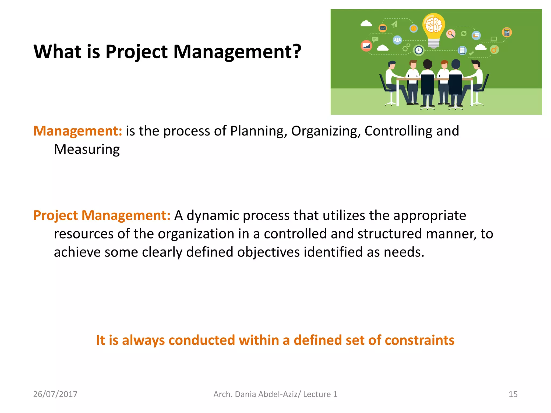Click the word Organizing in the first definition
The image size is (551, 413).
[x=326, y=131]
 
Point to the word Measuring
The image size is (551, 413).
[x=87, y=149]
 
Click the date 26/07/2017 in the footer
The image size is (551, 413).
[x=55, y=394]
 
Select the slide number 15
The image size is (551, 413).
[x=513, y=394]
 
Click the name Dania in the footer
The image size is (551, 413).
[x=245, y=394]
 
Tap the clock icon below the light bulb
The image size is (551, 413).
[x=419, y=50]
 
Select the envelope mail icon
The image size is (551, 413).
[x=383, y=28]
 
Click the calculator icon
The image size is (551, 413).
[x=507, y=33]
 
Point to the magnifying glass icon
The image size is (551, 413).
[x=451, y=34]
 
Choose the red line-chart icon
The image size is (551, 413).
[x=366, y=46]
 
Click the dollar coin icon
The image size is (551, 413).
[x=414, y=29]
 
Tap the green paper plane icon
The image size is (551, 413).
[x=395, y=24]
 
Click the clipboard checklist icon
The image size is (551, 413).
[x=462, y=50]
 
